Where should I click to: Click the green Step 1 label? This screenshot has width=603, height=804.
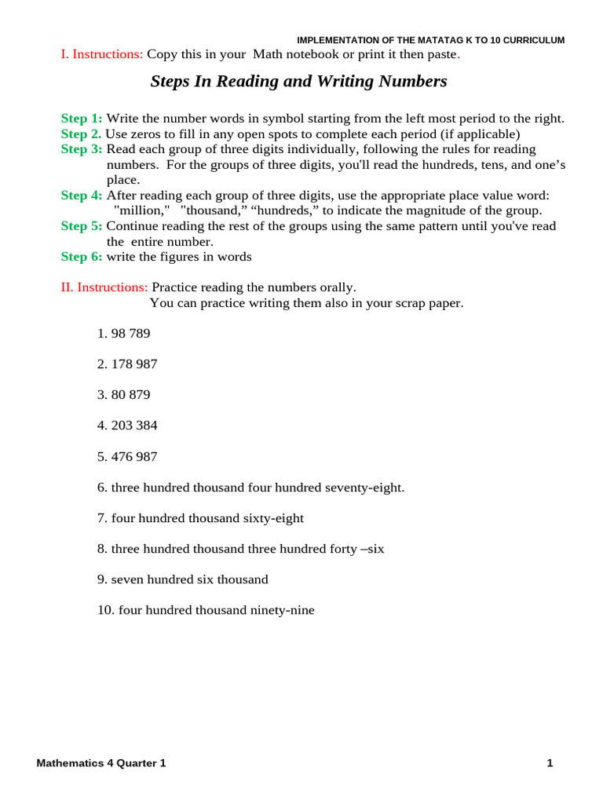click(x=82, y=119)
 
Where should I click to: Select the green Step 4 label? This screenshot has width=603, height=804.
click(x=82, y=196)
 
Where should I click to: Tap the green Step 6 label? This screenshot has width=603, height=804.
click(x=82, y=257)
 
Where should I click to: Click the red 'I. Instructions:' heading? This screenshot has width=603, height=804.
click(x=102, y=54)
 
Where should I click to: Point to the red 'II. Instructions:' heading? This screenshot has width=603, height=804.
click(x=104, y=287)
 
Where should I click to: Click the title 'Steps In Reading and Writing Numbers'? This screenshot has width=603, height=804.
click(x=298, y=82)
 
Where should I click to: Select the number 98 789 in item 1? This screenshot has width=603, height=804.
click(x=130, y=334)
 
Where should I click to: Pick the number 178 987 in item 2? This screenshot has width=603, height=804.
click(x=134, y=364)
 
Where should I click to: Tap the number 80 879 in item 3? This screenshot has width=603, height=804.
click(x=130, y=395)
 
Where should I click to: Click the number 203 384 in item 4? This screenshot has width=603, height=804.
click(x=134, y=426)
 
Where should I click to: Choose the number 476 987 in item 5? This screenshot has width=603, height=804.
click(x=134, y=456)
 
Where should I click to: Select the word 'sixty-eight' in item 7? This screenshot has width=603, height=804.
click(x=273, y=518)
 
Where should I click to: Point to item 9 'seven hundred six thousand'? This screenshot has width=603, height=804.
click(x=189, y=579)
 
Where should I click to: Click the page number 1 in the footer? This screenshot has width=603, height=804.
click(x=550, y=763)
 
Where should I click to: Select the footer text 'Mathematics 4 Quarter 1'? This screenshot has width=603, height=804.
click(x=101, y=763)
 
